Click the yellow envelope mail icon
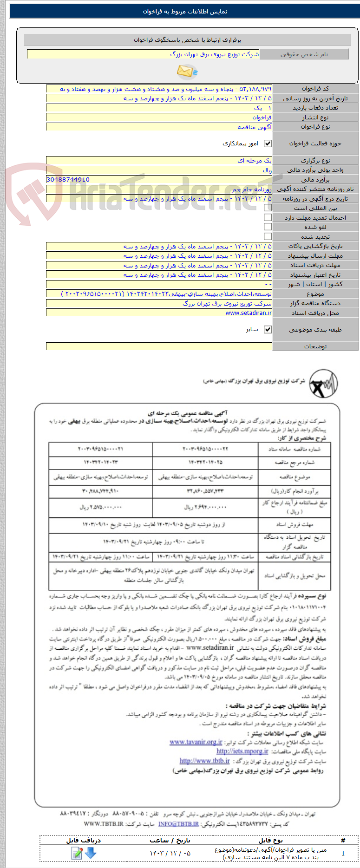(186, 72)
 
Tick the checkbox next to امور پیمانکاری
(268, 144)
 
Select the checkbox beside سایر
(268, 329)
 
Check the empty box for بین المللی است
(268, 208)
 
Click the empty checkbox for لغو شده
(268, 227)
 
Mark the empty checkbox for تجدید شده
(268, 236)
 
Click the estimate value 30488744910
(68, 179)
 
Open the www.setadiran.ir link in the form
(249, 313)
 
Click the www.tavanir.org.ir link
(196, 742)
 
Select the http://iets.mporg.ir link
(242, 751)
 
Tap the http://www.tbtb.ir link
(204, 761)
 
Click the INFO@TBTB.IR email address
(178, 823)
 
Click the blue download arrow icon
(90, 853)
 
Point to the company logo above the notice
(323, 384)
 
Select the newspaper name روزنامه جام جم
(252, 189)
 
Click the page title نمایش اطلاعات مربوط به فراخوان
(185, 12)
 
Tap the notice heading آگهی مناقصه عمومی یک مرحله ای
(187, 413)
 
